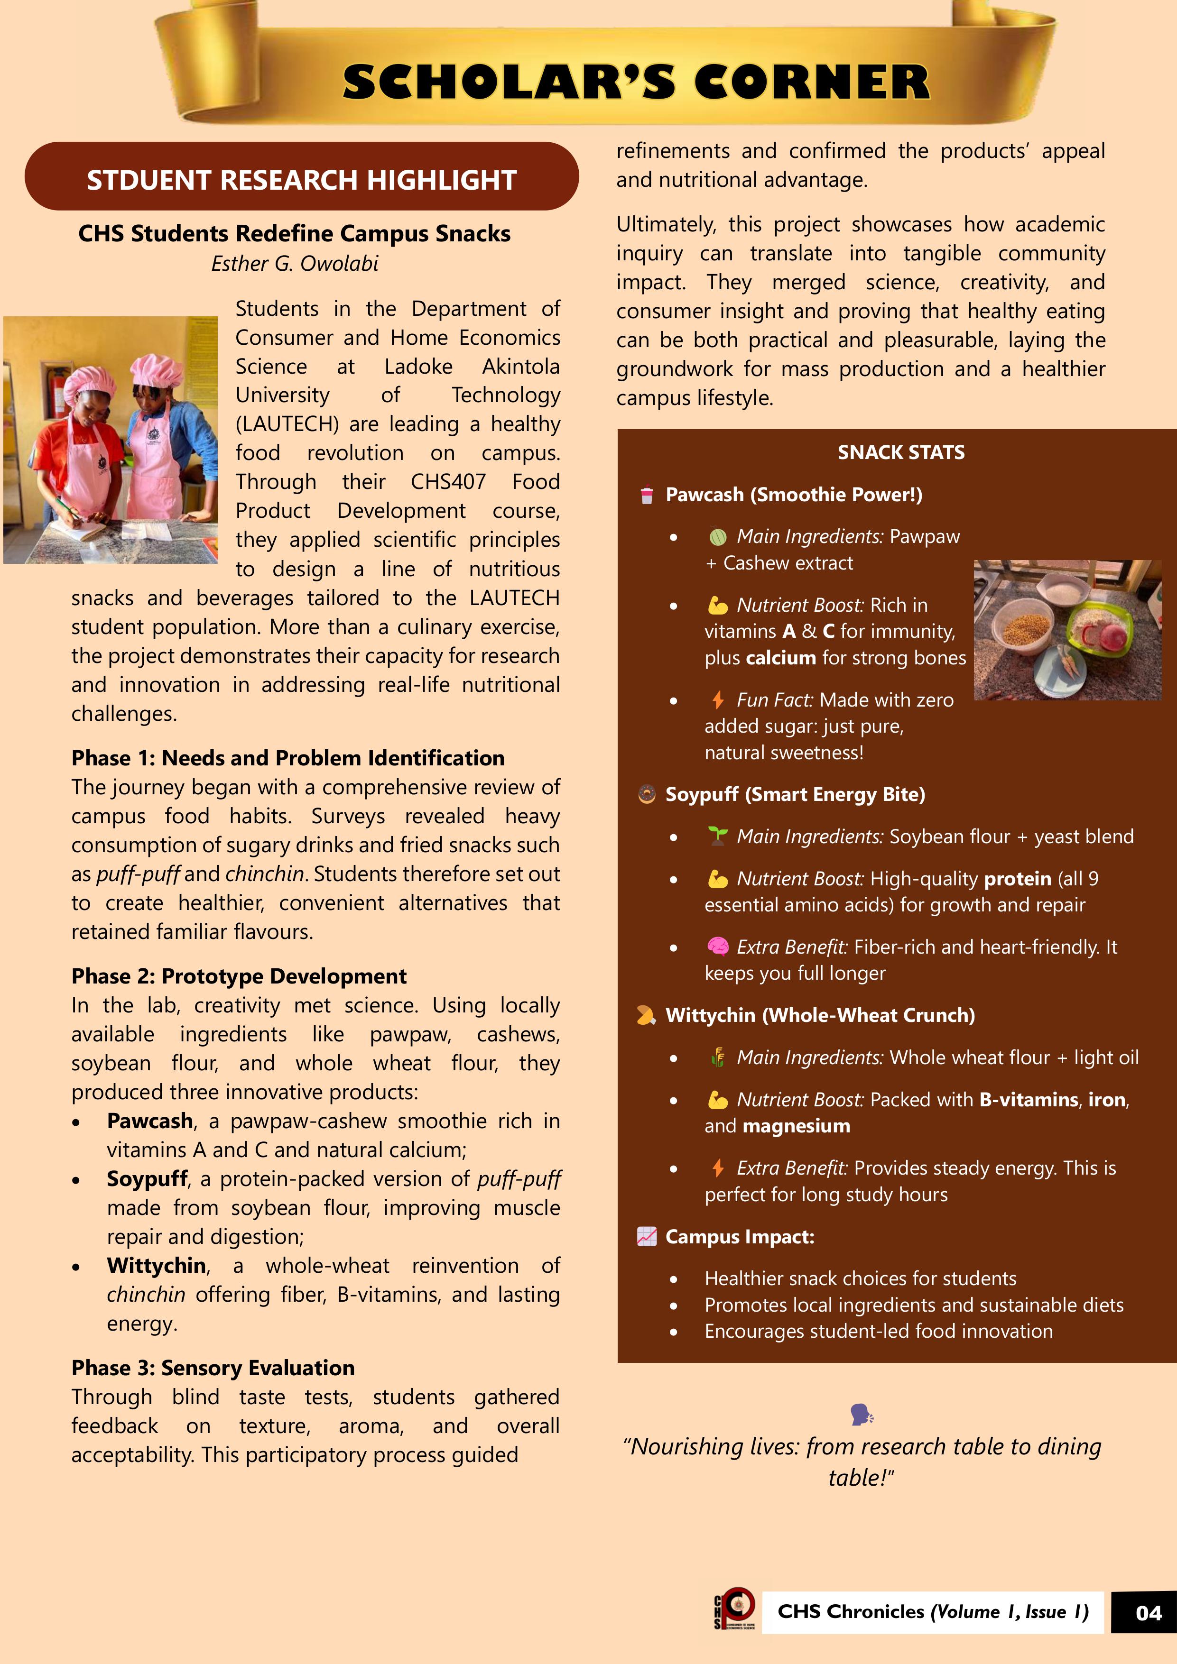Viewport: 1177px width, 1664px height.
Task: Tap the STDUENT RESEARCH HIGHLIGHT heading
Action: [x=302, y=180]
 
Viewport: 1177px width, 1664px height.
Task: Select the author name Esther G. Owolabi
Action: [x=295, y=263]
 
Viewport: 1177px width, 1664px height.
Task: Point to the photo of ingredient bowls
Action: [x=1067, y=629]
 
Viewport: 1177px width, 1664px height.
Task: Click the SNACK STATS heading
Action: [x=901, y=452]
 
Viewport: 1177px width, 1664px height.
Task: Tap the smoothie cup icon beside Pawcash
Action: [x=646, y=495]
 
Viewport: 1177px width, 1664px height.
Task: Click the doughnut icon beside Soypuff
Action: [x=646, y=794]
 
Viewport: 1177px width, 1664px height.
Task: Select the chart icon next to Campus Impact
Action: [x=646, y=1236]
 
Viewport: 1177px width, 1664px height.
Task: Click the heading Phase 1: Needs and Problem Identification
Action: [x=288, y=758]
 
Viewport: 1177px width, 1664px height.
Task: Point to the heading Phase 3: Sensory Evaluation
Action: [x=213, y=1368]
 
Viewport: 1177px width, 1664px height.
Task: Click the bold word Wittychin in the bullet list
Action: [x=157, y=1265]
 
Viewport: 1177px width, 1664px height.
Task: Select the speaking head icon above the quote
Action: [x=862, y=1414]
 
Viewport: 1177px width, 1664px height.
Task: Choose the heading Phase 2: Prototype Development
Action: [x=239, y=976]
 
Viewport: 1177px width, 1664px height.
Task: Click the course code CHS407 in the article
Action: [x=448, y=482]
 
